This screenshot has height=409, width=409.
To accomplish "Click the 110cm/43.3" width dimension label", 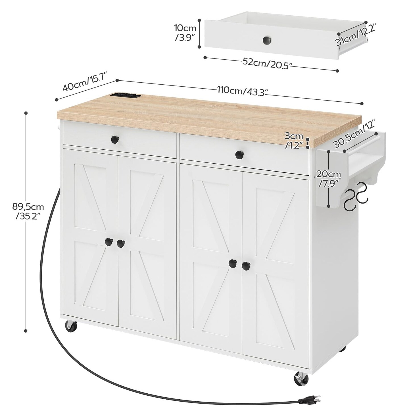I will [243, 91].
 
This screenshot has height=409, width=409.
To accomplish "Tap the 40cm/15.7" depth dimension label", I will [84, 83].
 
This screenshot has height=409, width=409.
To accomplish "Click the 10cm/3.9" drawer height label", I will [185, 33].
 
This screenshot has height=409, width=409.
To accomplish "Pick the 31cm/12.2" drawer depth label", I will [356, 35].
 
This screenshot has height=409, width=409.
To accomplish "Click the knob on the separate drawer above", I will [267, 40].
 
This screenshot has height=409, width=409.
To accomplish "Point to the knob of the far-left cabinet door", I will [108, 241].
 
